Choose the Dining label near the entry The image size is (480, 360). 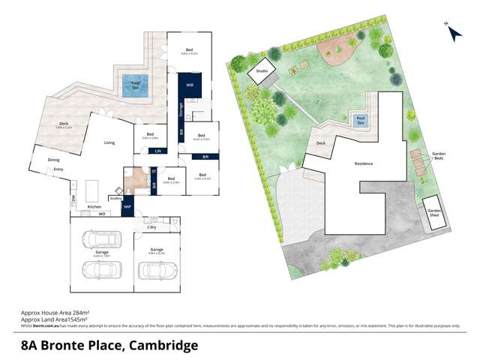click(x=53, y=160)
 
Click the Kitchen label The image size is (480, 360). click(x=94, y=206)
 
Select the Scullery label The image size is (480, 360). click(x=115, y=199)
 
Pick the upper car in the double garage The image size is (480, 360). click(x=101, y=240)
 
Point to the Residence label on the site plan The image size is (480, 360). click(x=364, y=163)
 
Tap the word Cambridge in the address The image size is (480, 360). click(x=163, y=345)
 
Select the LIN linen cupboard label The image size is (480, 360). click(x=157, y=152)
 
